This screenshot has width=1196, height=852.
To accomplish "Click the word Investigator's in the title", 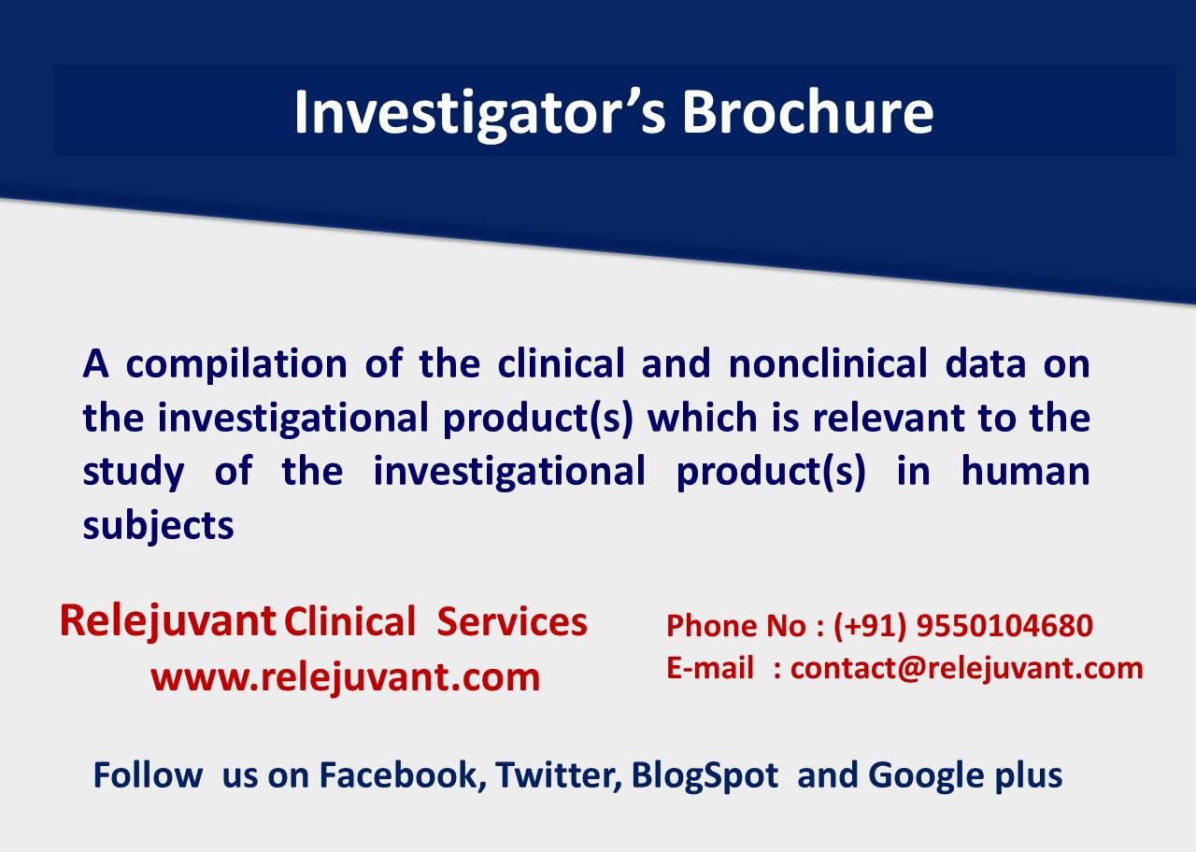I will click(477, 112).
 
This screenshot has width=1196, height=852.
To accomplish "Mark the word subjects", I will click(158, 526).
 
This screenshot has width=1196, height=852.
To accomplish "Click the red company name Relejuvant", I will click(167, 621).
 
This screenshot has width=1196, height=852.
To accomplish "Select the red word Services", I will click(512, 622).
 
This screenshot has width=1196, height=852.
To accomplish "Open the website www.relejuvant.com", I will click(346, 676).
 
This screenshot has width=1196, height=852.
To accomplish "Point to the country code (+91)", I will click(870, 625).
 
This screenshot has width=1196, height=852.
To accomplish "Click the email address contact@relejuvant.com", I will click(966, 668).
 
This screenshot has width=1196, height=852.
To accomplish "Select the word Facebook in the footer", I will click(403, 775).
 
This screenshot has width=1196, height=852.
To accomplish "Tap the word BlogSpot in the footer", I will click(705, 775).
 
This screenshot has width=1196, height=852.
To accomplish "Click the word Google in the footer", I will click(925, 775).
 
